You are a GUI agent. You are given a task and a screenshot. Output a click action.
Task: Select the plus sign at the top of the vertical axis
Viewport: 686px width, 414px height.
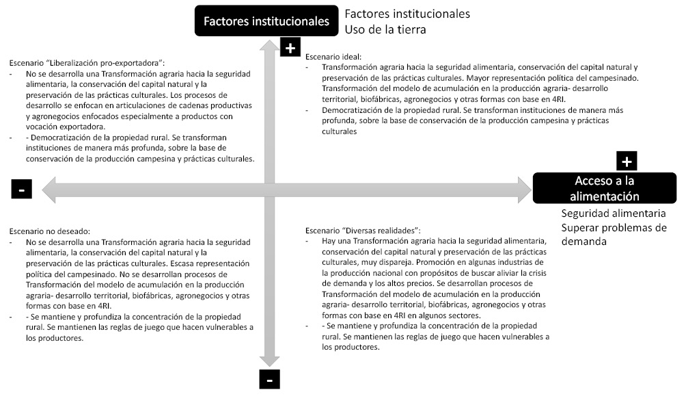tap(290, 47)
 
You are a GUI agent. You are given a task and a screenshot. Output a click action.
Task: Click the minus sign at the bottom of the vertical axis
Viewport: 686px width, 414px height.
tap(269, 378)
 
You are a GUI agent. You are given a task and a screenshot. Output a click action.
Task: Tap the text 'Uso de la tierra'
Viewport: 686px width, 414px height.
tap(385, 29)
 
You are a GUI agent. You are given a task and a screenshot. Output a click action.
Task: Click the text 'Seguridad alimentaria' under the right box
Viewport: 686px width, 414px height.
tap(614, 214)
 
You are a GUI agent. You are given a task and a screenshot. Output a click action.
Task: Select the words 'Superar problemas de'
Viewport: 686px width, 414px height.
tap(614, 228)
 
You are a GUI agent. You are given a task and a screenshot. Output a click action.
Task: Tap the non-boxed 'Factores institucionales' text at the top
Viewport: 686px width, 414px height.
tap(407, 14)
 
